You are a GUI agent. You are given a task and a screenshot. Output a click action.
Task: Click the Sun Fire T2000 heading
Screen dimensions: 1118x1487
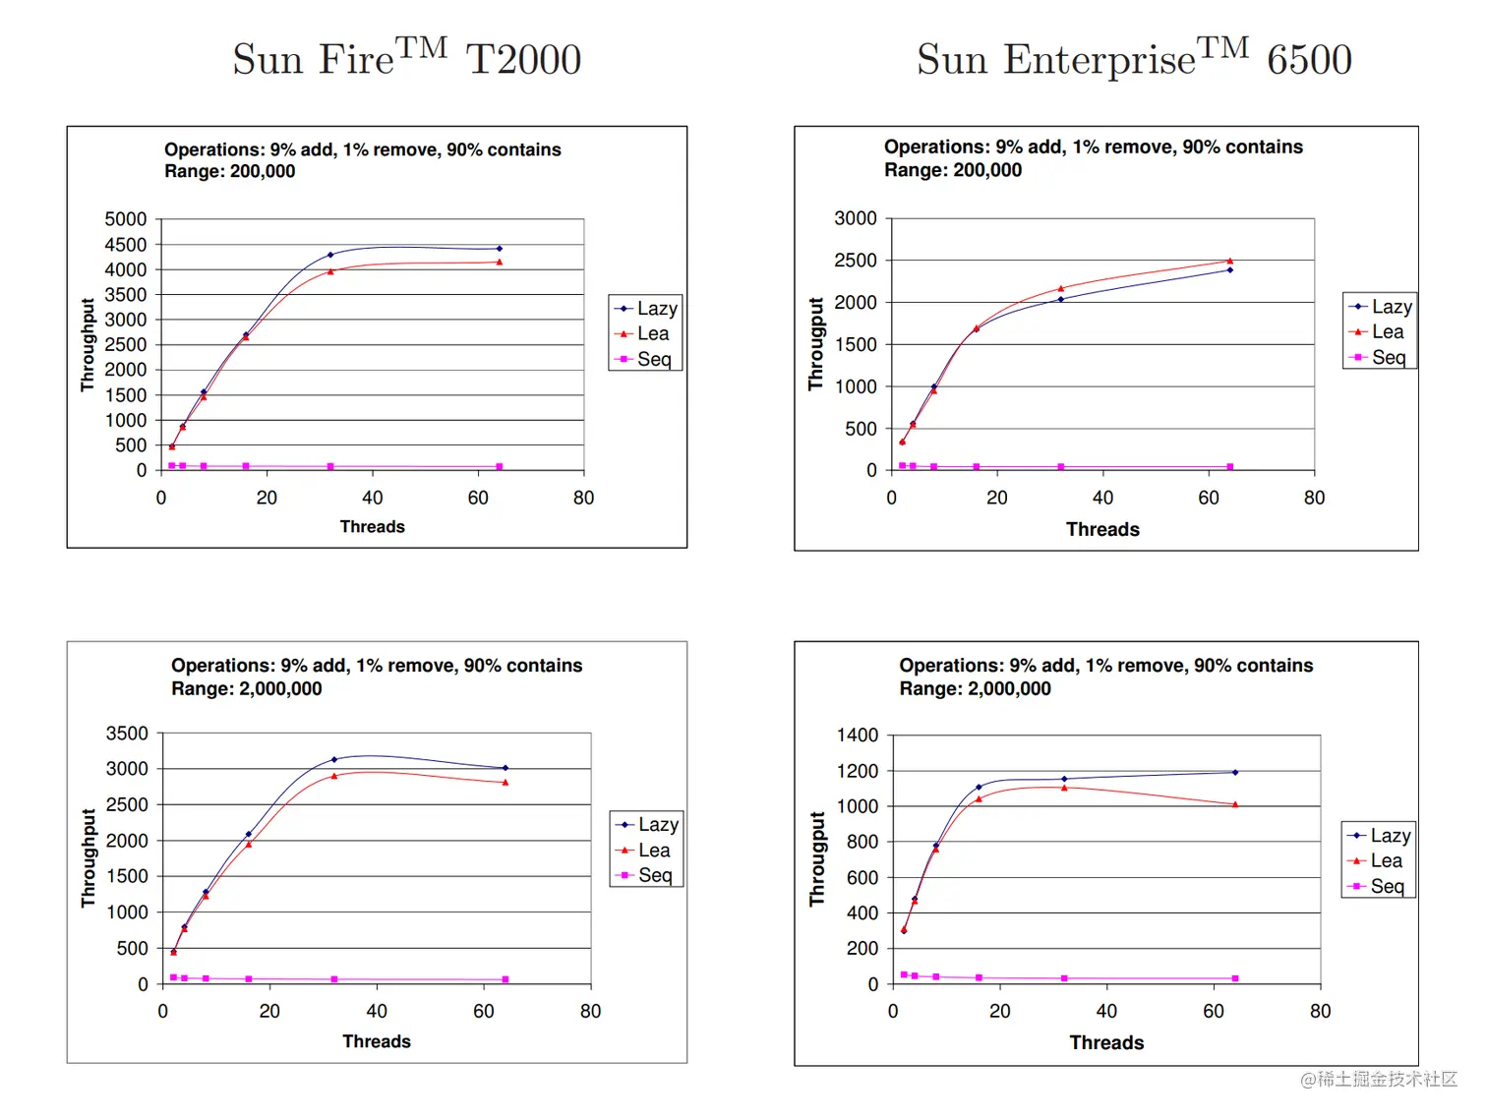[406, 59]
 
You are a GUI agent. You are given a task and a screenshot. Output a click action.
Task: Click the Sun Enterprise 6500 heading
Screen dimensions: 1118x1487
[1134, 59]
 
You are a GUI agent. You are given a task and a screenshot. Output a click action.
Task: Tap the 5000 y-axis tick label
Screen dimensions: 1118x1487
[125, 219]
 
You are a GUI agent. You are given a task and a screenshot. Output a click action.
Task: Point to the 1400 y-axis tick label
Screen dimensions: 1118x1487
[857, 736]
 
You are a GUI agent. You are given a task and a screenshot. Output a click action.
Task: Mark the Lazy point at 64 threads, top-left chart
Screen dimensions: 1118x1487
[500, 249]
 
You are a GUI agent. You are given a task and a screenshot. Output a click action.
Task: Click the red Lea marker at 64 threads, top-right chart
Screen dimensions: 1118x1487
[1229, 261]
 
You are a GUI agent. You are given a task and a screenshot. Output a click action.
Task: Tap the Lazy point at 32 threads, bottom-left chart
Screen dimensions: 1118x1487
[334, 759]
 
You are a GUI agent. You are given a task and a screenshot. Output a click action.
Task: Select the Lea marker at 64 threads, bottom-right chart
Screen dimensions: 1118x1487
[1235, 804]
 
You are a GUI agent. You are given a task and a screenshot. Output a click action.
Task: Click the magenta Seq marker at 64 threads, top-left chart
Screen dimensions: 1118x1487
[500, 466]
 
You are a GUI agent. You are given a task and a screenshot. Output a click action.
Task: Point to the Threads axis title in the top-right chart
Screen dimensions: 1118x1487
[1102, 529]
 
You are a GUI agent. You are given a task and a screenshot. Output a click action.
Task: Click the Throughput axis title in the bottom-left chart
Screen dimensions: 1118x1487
[89, 857]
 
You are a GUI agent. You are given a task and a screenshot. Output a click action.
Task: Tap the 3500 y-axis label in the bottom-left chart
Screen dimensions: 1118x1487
[127, 734]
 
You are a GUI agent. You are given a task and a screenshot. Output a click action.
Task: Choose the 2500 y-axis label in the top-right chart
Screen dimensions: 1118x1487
[855, 261]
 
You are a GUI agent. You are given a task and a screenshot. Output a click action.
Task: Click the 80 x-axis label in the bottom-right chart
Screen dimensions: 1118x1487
[1320, 1011]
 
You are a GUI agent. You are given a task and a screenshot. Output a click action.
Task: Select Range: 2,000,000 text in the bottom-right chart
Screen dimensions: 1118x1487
[975, 688]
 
